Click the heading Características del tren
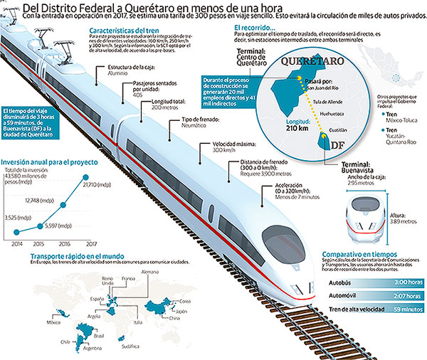(x=124, y=31)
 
